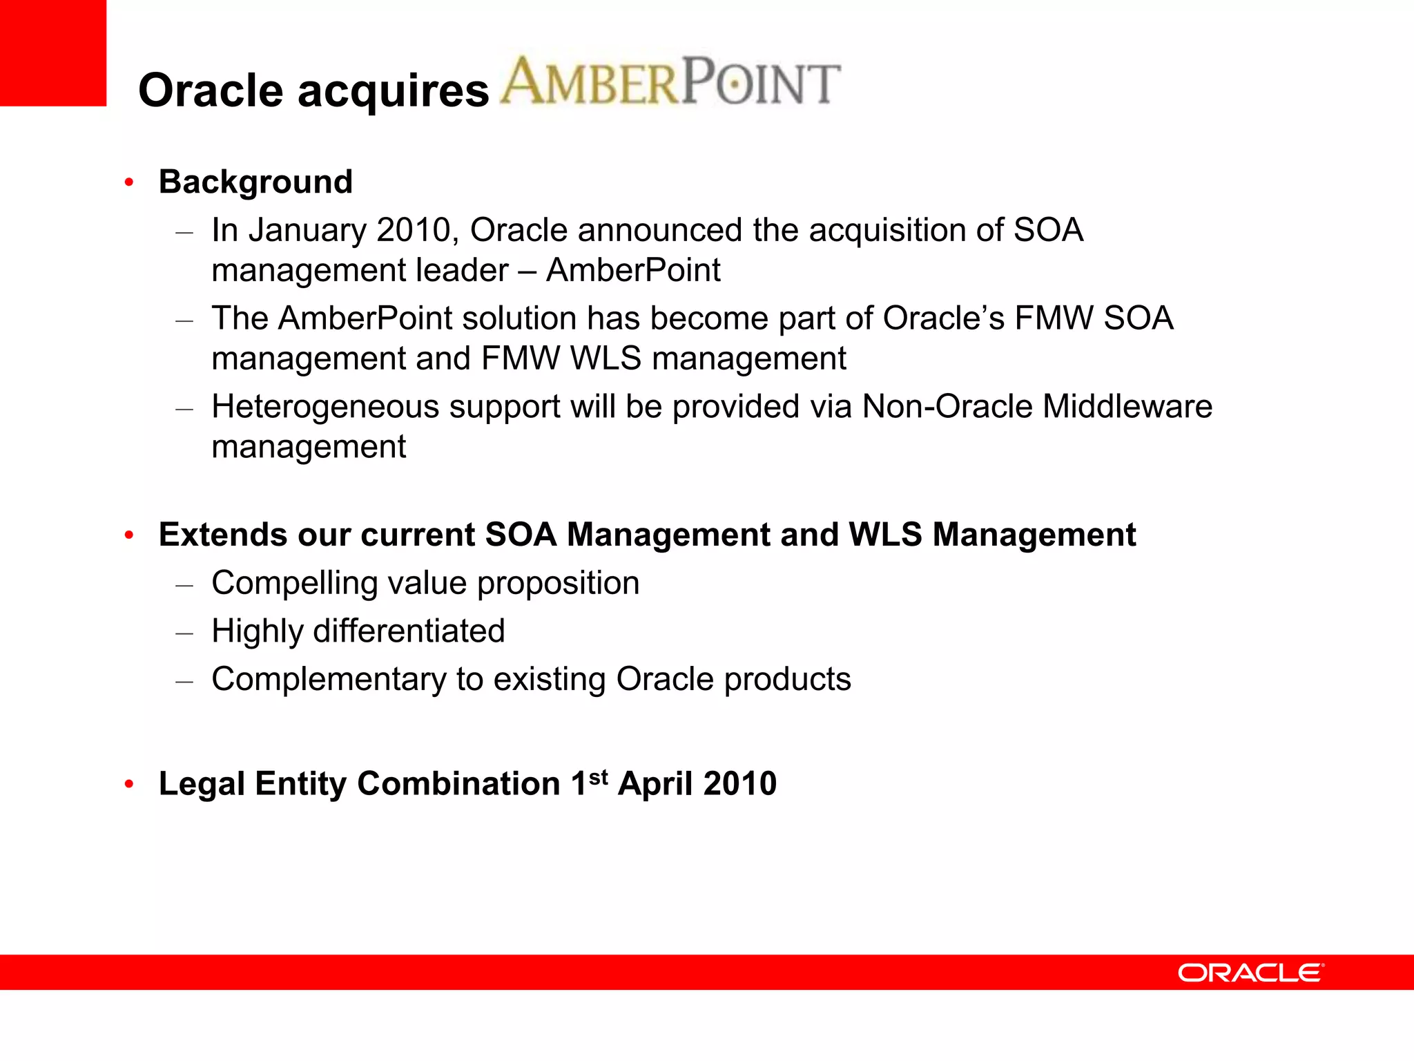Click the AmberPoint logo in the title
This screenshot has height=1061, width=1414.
[670, 82]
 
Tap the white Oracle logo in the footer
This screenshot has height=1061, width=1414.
[1250, 973]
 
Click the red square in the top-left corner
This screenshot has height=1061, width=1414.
[52, 52]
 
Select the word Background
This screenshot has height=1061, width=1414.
[255, 182]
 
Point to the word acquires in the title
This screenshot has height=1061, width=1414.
[393, 90]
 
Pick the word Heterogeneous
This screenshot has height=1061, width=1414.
[325, 407]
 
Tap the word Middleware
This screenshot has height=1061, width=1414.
[1127, 406]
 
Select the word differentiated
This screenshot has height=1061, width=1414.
[409, 631]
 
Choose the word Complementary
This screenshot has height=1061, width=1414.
[329, 679]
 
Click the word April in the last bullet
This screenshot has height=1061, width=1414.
[655, 784]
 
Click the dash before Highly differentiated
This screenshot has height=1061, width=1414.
[184, 632]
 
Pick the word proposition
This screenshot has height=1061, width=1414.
[558, 584]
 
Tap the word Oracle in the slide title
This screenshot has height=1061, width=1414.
[211, 90]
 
